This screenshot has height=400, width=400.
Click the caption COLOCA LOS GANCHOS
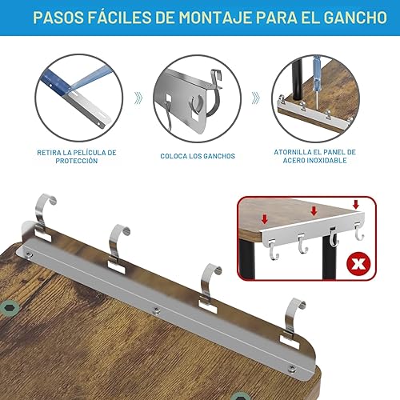[197, 156]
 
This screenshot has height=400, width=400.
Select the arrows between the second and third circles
[255, 98]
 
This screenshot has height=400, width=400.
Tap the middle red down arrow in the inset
[314, 212]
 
